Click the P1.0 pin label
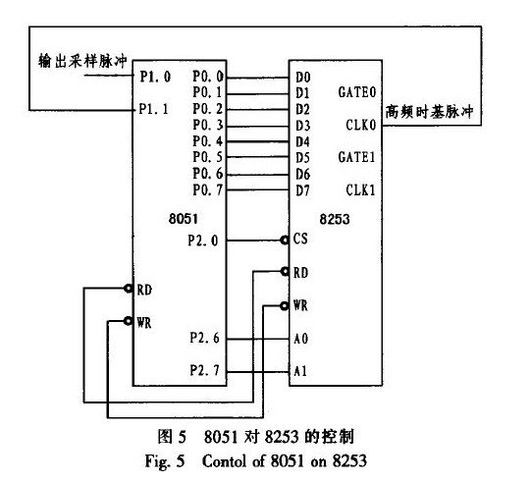155,77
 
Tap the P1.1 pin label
154,109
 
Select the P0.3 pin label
208,125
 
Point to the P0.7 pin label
208,189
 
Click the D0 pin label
302,78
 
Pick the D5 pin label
302,158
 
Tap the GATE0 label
357,92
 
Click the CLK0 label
361,125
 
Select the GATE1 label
357,157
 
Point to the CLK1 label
360,190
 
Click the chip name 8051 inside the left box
184,219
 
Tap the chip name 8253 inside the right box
335,219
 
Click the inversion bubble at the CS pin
285,241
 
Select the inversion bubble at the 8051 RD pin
128,289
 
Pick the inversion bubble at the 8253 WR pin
285,306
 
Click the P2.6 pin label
204,338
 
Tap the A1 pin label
300,371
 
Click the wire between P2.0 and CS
253,241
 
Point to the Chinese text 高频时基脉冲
429,112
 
